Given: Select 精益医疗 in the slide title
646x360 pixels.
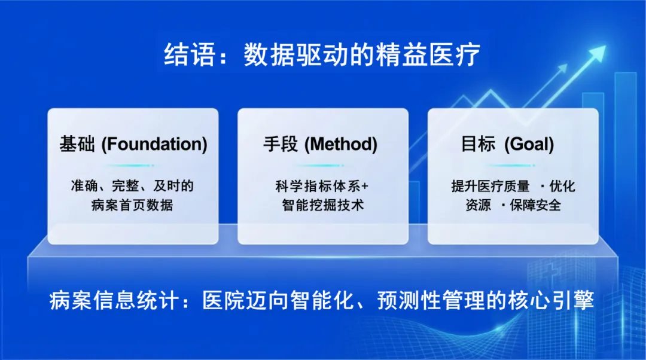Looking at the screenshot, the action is [428, 54].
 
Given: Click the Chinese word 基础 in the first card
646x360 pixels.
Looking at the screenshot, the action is [77, 144].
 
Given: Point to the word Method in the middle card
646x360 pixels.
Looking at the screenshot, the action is [341, 144].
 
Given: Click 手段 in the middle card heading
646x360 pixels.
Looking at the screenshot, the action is [281, 144].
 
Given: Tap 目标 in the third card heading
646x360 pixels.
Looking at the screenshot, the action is [479, 144].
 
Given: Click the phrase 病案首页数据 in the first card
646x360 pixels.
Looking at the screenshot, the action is [132, 205].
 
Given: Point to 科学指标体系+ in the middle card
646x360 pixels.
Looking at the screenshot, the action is [322, 186].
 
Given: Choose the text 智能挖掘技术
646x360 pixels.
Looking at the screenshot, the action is [323, 205].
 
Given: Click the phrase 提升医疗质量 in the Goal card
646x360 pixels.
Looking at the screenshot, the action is [490, 186].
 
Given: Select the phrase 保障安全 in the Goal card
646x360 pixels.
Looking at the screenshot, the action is [535, 205].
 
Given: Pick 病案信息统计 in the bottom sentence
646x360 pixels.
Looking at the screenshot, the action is [114, 300].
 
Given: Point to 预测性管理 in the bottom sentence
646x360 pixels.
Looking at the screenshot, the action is [431, 300].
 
